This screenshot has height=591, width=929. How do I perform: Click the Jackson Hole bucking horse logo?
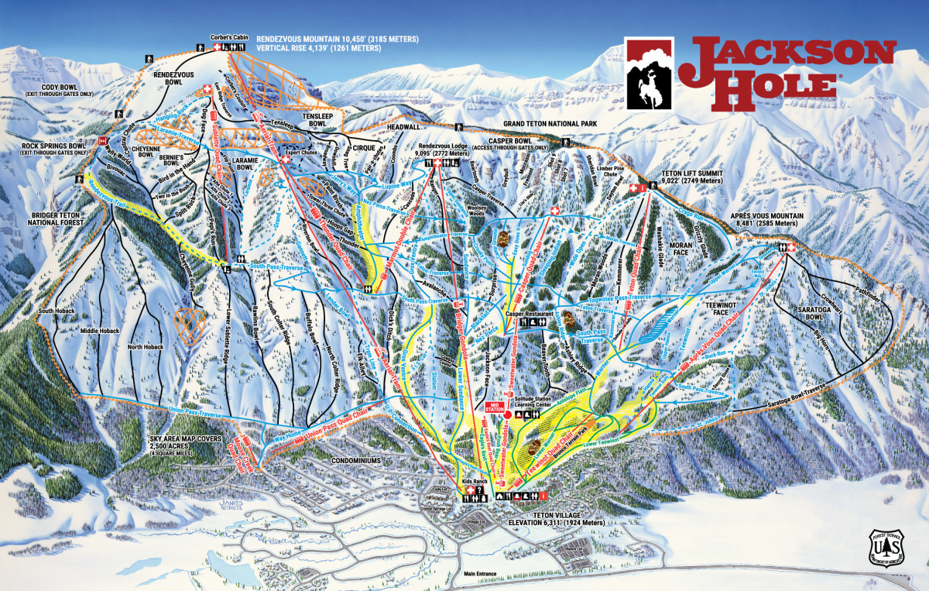pyautogui.click(x=650, y=73)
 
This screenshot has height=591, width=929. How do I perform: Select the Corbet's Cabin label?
pyautogui.click(x=228, y=37)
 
